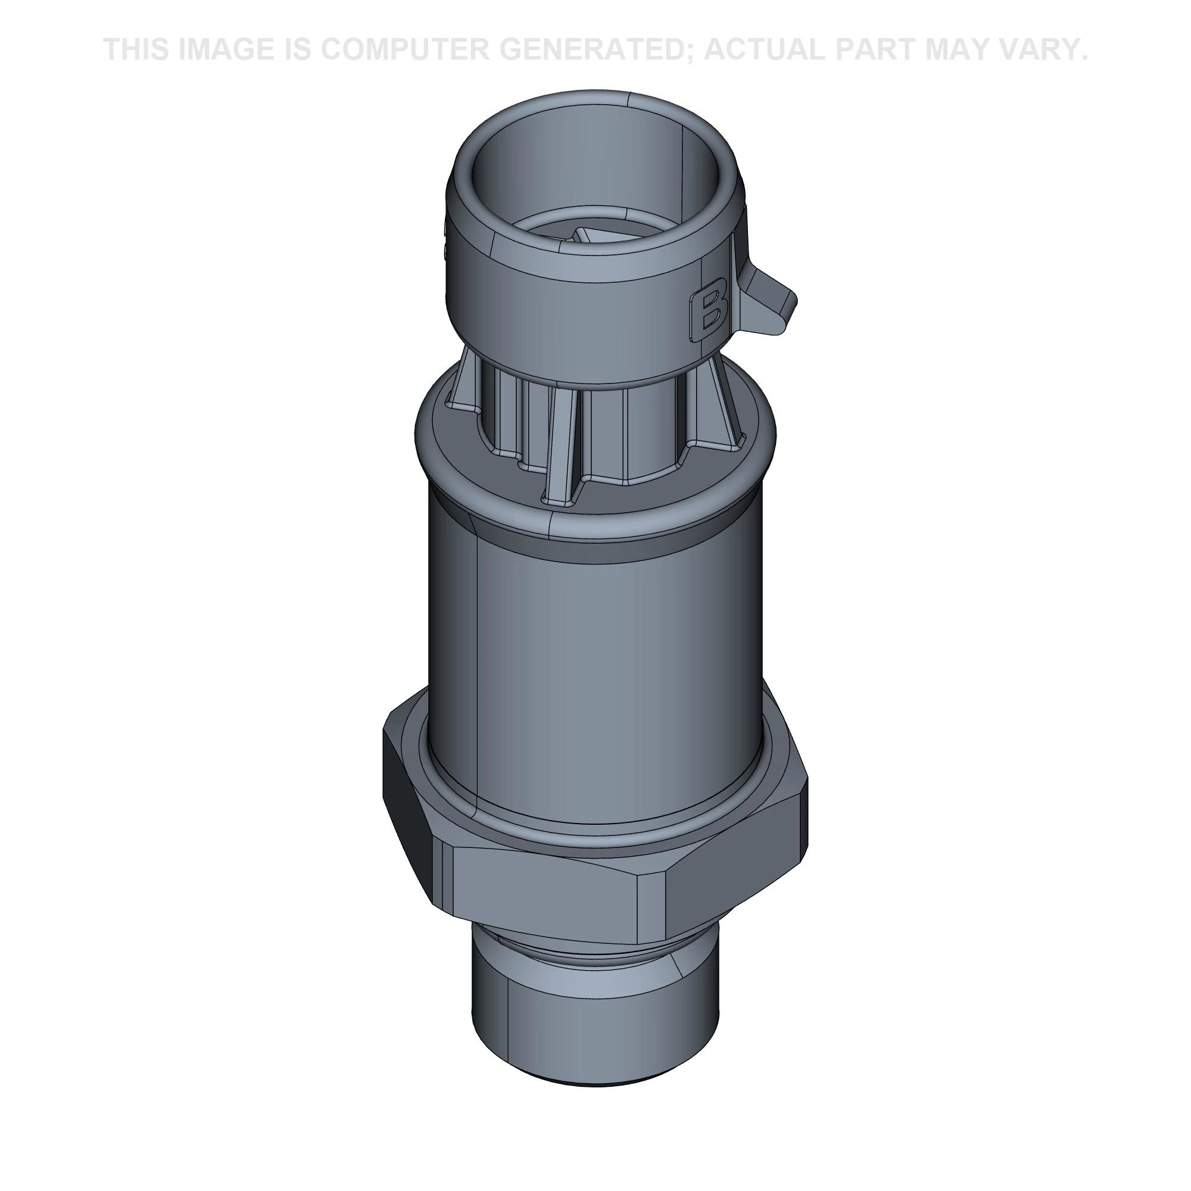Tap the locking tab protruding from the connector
tap(768, 297)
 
